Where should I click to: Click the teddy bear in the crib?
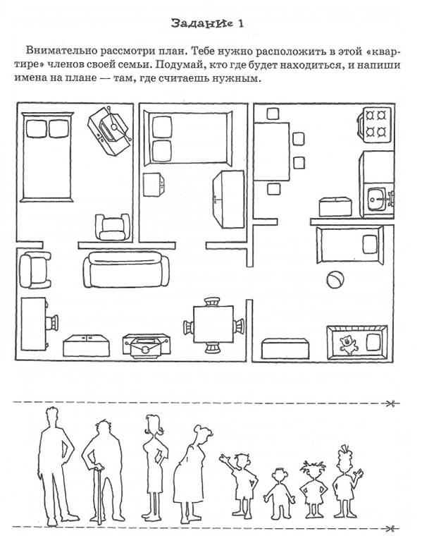[x=348, y=345]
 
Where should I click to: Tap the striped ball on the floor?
[x=335, y=280]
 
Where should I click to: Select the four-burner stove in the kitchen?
[x=375, y=124]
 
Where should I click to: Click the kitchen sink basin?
[x=377, y=199]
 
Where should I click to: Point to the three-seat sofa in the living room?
[x=126, y=269]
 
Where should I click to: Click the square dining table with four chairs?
[x=213, y=324]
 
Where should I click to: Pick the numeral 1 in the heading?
[x=241, y=23]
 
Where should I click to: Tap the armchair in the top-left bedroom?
[x=112, y=226]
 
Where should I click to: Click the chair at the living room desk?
[x=51, y=323]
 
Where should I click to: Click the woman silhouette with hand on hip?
[x=156, y=467]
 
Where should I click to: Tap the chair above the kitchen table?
[x=273, y=114]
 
